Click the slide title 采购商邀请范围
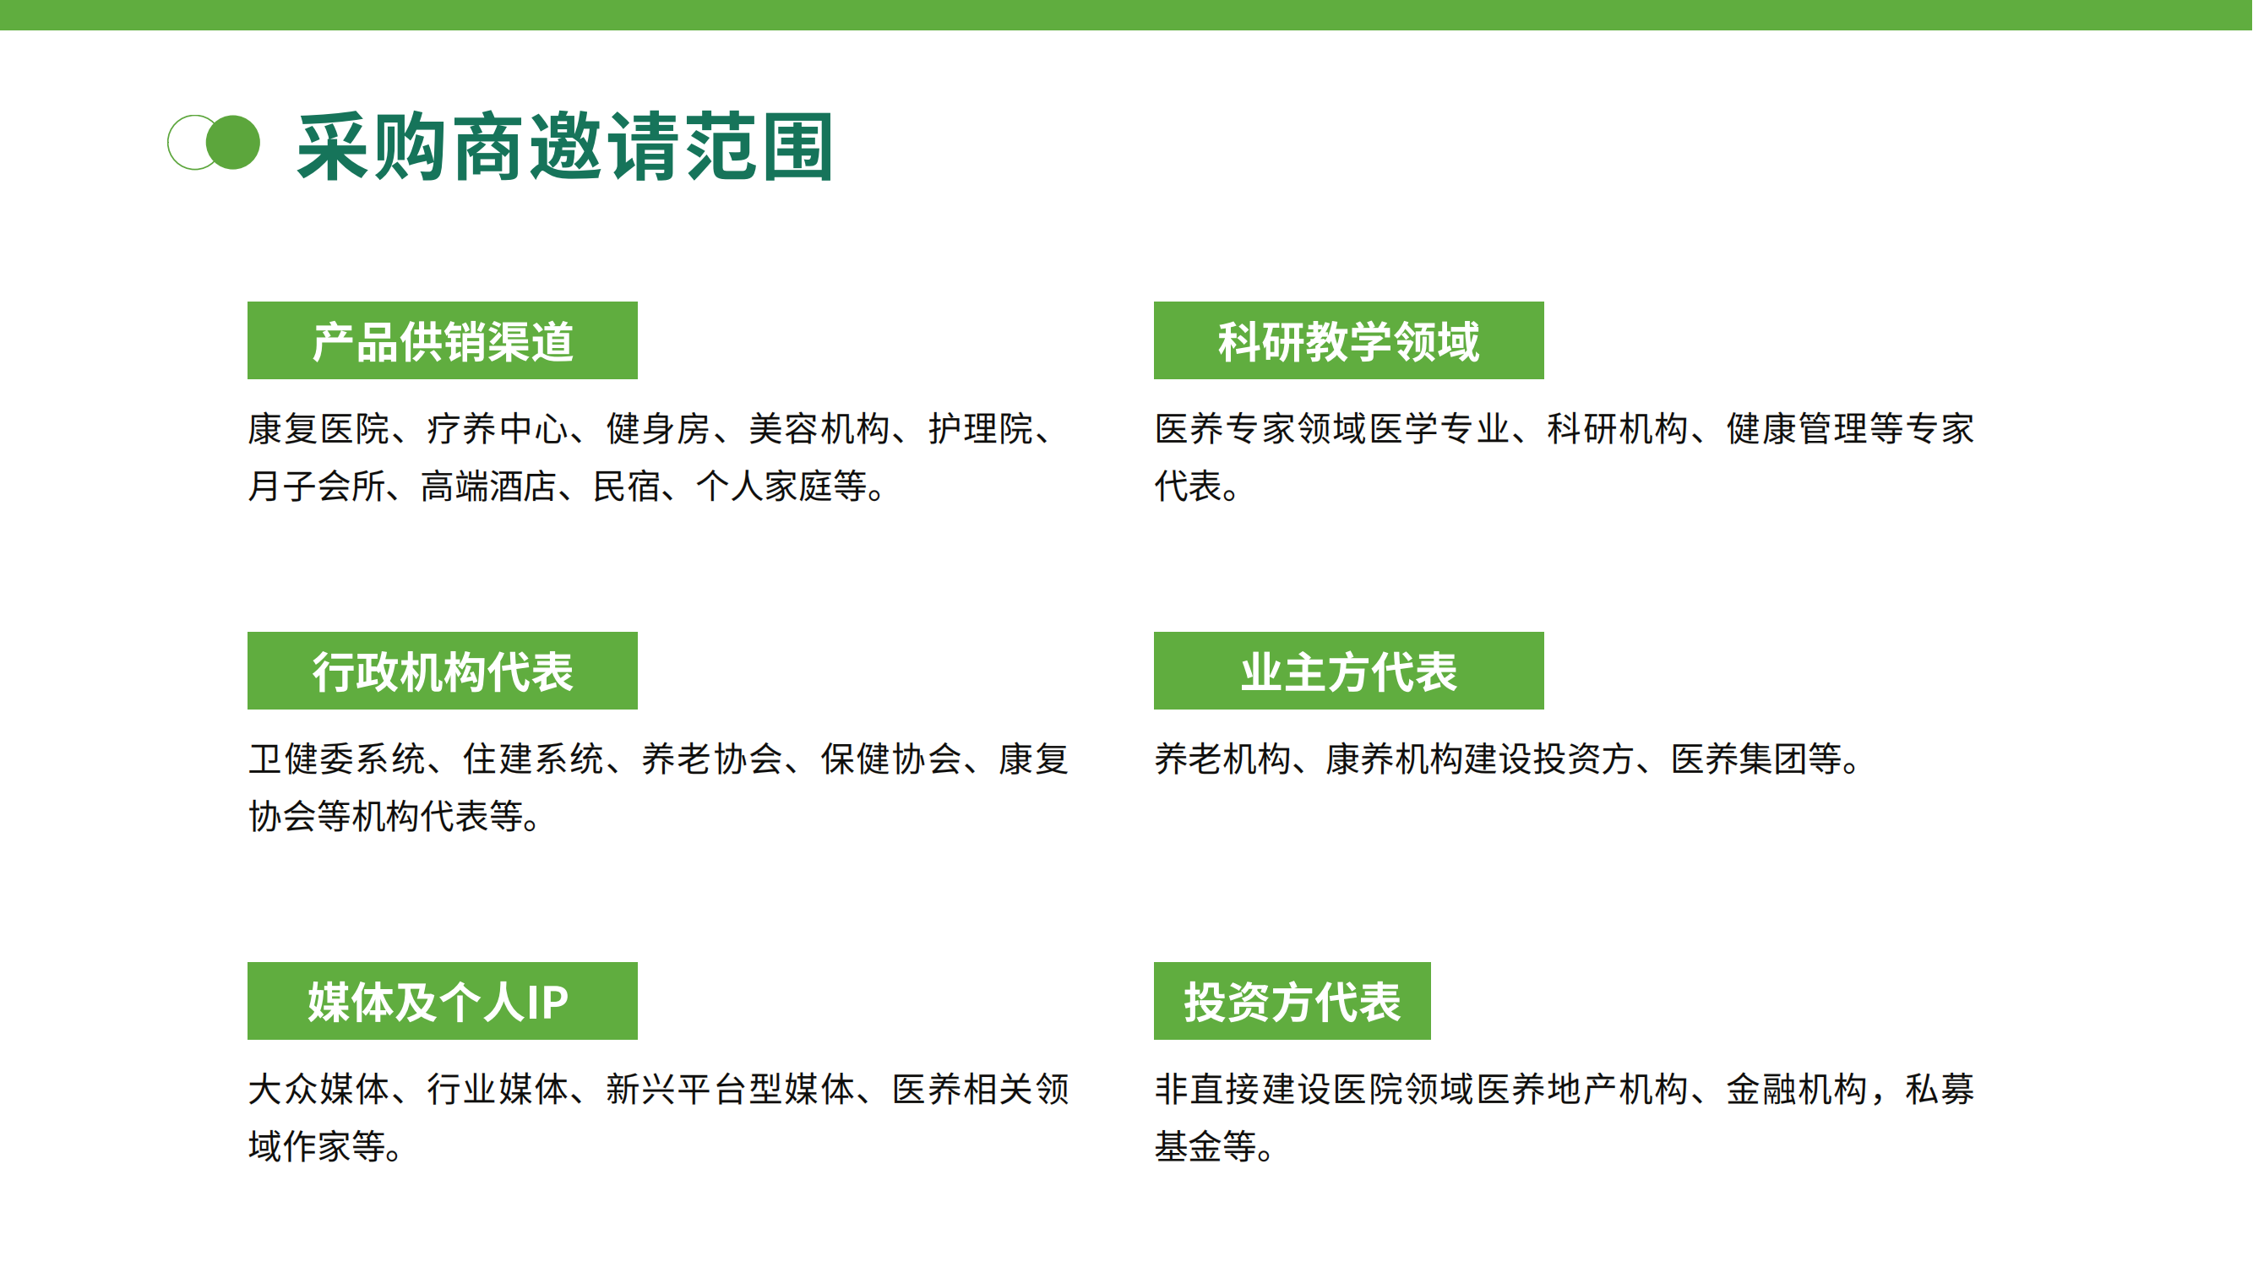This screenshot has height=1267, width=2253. coord(565,146)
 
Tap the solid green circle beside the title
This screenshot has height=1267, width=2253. coord(232,143)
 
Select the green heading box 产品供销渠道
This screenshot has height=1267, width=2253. coord(443,340)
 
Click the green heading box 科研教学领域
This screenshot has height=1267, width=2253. coord(1348,340)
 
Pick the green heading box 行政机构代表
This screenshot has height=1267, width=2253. coord(443,671)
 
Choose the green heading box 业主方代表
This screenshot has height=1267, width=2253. coord(1348,671)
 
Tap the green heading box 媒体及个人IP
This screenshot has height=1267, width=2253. coord(443,1001)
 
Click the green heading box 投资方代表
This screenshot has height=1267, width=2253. coord(1292,1001)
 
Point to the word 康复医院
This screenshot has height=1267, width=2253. coord(319,428)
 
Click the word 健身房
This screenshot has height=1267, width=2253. coord(659,428)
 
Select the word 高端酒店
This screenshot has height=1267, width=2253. coord(489,487)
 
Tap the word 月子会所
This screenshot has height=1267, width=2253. coord(317,487)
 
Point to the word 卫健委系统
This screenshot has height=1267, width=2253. coord(338,759)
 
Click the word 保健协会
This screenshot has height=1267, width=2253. coord(890,759)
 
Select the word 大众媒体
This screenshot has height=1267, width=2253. coord(319,1090)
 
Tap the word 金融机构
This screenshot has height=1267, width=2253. coord(1797,1090)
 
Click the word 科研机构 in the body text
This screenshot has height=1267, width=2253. coord(1617,428)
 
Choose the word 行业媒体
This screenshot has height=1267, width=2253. coord(498,1090)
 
